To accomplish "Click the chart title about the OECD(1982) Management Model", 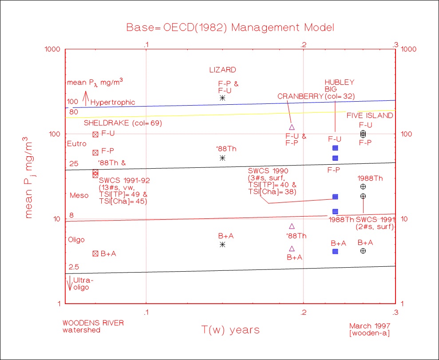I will (230, 27).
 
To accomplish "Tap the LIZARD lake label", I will (222, 70).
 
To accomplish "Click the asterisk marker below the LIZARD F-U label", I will (222, 98).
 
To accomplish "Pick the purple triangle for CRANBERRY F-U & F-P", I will (292, 127).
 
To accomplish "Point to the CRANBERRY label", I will (301, 96).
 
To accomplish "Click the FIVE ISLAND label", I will (370, 116).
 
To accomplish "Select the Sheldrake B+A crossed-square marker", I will (95, 253).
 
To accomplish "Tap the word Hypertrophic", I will (113, 103).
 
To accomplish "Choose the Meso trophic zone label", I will (77, 195).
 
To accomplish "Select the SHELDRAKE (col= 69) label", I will (123, 123).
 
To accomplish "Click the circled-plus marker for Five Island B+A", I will (363, 251).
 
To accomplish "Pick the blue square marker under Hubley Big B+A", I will (335, 252).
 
